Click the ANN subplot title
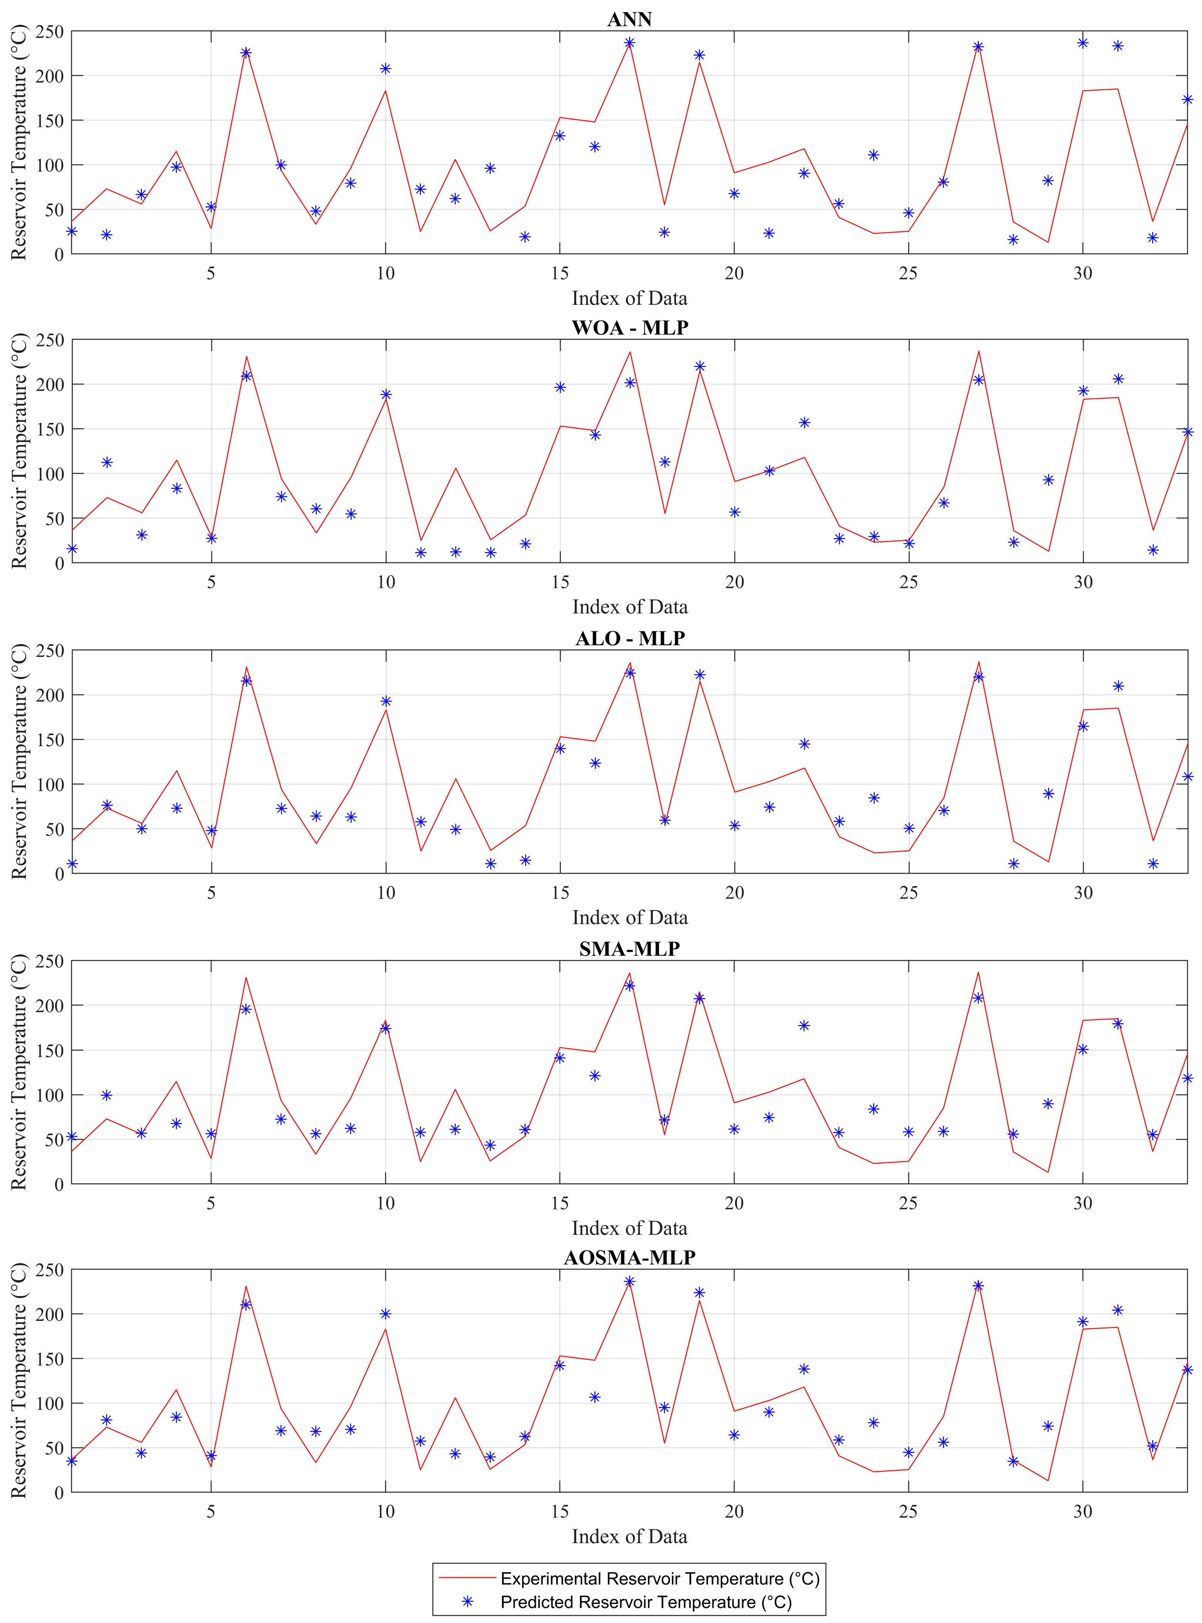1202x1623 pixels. tap(629, 19)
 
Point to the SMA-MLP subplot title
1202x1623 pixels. tap(629, 949)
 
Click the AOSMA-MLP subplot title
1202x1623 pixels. tap(629, 1257)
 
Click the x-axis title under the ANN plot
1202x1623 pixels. tap(629, 298)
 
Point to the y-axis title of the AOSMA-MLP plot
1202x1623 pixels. tap(19, 1380)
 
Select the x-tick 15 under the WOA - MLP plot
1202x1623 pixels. tap(560, 582)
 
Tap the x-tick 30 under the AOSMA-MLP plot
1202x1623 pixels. tap(1083, 1512)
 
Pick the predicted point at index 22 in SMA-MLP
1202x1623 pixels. tap(804, 1026)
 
